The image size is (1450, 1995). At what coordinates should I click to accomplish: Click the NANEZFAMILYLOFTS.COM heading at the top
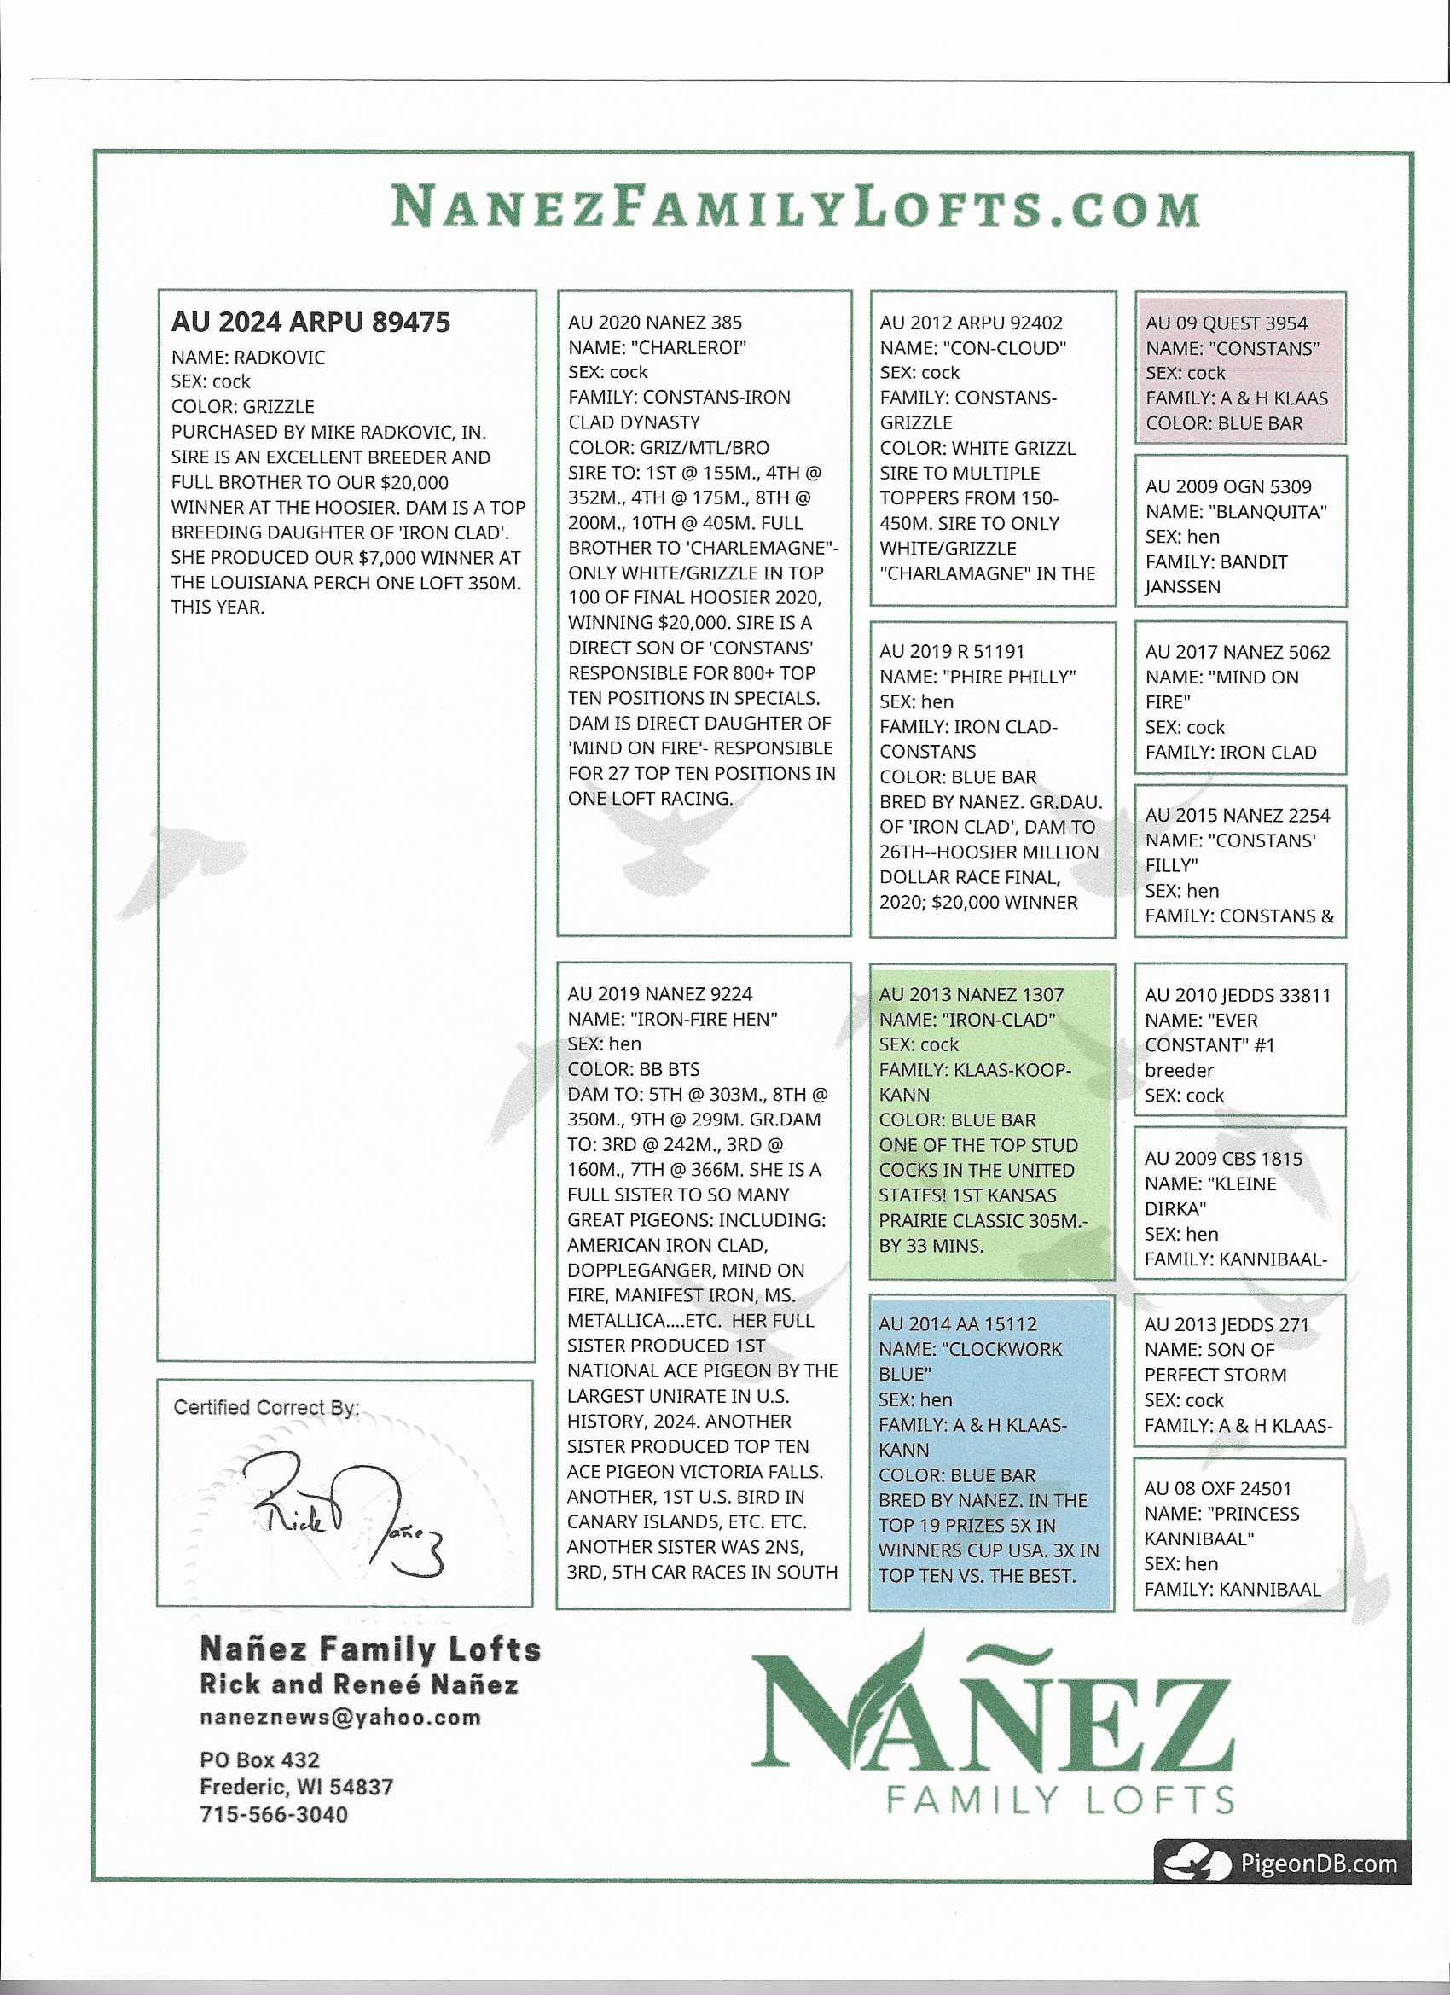[796, 207]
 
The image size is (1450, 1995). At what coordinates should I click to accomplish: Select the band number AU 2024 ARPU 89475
[310, 322]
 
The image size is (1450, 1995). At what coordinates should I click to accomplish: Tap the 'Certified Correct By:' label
[265, 1407]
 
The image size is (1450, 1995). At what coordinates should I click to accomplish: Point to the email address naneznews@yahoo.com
[340, 1717]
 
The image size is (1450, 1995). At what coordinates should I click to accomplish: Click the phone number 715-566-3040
[274, 1814]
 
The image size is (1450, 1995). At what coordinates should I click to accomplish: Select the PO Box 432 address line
[259, 1759]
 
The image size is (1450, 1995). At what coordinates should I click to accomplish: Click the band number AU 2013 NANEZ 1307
[971, 994]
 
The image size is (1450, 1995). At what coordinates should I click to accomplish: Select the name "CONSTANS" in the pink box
[1267, 348]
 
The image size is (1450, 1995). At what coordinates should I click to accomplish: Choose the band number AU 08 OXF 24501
[1217, 1487]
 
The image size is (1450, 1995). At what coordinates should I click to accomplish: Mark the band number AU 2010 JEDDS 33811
[1238, 995]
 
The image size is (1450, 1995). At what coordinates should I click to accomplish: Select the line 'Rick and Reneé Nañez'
[359, 1684]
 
